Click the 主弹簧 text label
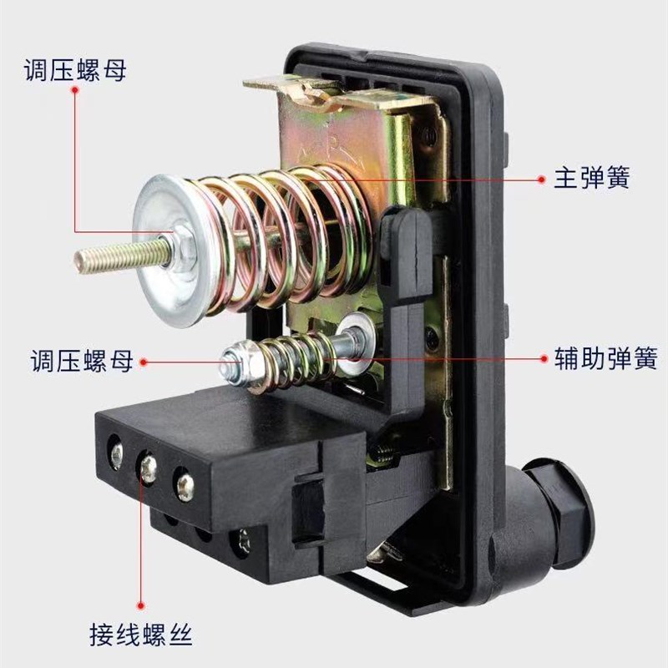(x=591, y=178)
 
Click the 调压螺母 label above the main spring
(x=74, y=70)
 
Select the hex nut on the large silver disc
(x=178, y=245)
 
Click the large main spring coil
(x=284, y=234)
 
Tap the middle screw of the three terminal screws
(x=149, y=468)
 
